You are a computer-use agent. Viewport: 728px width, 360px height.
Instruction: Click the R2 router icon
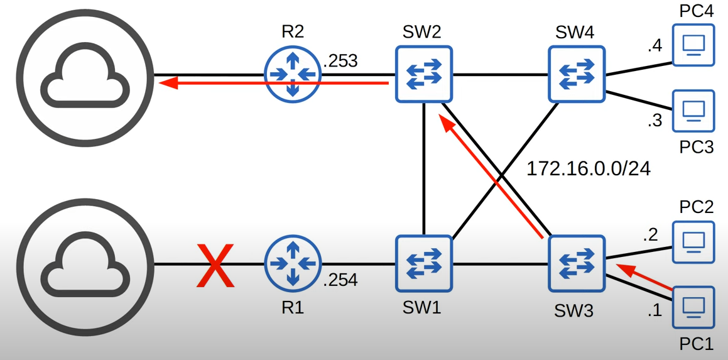click(292, 74)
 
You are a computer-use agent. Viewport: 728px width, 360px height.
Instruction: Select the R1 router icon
click(292, 264)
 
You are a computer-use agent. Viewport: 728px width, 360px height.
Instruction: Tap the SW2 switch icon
click(423, 74)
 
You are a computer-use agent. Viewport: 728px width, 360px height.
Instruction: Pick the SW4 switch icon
click(576, 74)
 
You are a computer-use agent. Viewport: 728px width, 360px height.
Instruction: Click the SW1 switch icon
click(423, 264)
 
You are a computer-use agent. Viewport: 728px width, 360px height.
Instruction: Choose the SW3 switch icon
click(576, 264)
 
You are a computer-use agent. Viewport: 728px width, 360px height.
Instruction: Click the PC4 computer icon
click(693, 45)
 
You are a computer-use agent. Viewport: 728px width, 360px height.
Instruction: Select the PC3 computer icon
click(693, 111)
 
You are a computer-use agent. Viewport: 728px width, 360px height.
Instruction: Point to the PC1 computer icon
click(693, 307)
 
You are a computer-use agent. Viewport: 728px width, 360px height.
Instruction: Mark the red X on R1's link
click(216, 265)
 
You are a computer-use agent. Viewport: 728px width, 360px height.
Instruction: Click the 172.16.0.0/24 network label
click(588, 168)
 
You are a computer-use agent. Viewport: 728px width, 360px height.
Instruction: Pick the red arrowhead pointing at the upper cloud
click(166, 82)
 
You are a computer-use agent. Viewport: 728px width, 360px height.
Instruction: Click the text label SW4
click(575, 32)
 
